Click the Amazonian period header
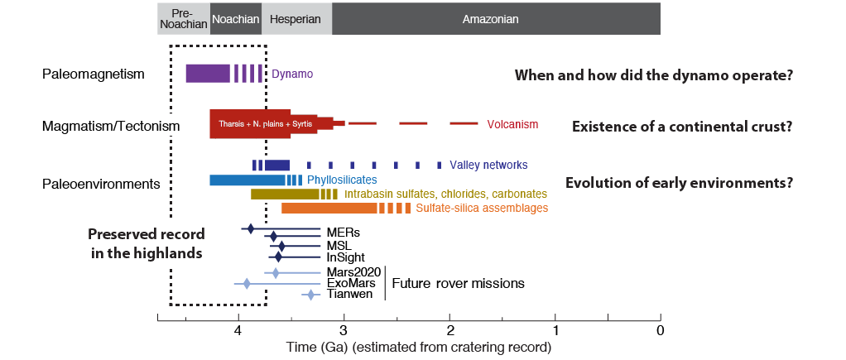[x=496, y=18]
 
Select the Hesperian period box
[x=296, y=18]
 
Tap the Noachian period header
[x=236, y=18]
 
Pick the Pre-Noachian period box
[x=184, y=18]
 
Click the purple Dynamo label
[x=292, y=74]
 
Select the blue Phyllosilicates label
[x=342, y=180]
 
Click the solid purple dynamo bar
[x=208, y=73]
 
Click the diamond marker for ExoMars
[x=247, y=284]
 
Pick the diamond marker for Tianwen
[x=311, y=295]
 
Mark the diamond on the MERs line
[x=251, y=228]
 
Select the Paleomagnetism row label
[x=94, y=74]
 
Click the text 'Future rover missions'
[x=458, y=283]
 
